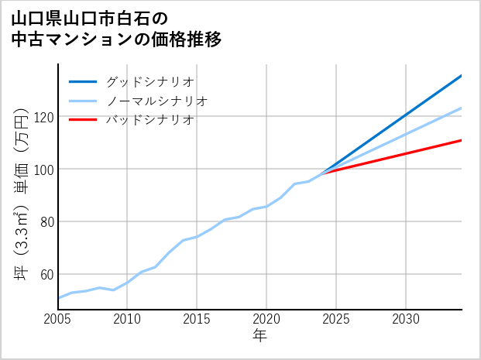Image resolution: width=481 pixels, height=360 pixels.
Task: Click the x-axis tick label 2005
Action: [57, 319]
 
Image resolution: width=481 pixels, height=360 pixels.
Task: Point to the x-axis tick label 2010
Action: [127, 319]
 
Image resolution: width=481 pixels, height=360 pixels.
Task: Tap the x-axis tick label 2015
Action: [197, 319]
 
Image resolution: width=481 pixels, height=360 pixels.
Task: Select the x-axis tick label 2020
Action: [266, 319]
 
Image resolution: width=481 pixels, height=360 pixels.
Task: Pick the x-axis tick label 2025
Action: [336, 319]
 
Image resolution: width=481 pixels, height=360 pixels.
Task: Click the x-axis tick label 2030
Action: [406, 319]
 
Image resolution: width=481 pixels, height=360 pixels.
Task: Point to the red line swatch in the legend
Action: [83, 120]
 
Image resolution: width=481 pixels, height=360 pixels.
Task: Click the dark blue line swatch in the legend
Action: [83, 81]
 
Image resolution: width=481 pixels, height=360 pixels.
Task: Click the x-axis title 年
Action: [259, 336]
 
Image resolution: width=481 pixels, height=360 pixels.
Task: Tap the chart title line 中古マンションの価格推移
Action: [116, 39]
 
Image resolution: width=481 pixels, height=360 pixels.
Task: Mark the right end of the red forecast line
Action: [462, 140]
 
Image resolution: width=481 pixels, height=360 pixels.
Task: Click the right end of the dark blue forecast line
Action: [462, 75]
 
